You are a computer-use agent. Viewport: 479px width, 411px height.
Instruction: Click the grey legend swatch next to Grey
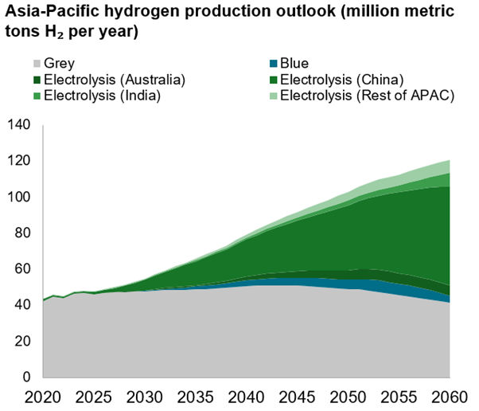(37, 64)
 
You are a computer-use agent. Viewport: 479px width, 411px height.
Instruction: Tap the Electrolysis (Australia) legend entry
(114, 80)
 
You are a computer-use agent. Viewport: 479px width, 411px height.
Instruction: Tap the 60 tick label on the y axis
(21, 269)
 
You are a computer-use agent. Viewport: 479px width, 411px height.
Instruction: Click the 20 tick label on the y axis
(21, 341)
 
